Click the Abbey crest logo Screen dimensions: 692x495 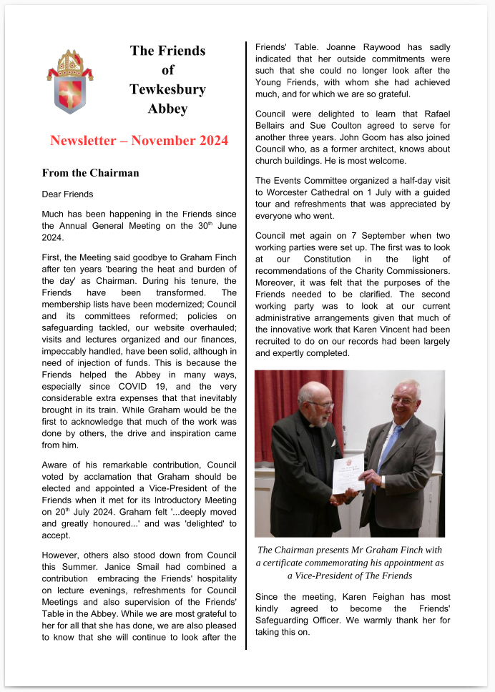[x=70, y=81]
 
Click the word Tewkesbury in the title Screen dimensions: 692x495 [x=167, y=89]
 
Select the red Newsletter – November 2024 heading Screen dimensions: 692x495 [x=139, y=140]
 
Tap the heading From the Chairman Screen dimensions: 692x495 [x=90, y=173]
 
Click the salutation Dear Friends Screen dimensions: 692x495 [x=67, y=194]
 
